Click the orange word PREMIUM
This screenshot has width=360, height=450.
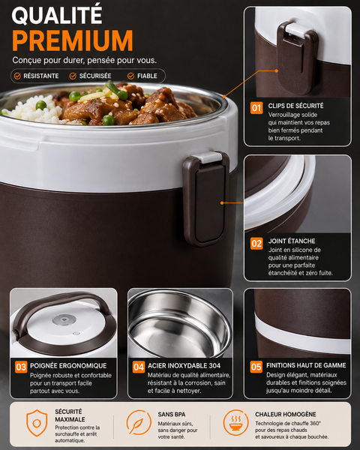[73, 40]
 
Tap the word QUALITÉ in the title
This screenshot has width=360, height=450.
[57, 15]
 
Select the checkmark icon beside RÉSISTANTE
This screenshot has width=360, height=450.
[17, 76]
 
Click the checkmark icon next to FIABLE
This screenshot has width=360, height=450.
[131, 76]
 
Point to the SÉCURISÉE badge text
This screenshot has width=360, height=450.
[95, 76]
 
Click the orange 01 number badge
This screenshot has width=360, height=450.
[256, 108]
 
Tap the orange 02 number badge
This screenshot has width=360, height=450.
[256, 243]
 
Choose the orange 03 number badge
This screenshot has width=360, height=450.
[21, 367]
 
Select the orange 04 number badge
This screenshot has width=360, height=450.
[139, 367]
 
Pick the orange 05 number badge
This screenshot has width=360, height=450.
[256, 367]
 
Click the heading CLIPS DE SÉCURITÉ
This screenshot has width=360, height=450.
[295, 106]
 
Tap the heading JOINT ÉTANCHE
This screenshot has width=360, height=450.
[292, 241]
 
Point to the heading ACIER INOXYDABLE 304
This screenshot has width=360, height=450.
[184, 366]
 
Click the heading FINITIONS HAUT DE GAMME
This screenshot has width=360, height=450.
[306, 365]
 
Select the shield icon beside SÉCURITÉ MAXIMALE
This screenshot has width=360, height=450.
[37, 423]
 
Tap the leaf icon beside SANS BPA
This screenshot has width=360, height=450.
[139, 422]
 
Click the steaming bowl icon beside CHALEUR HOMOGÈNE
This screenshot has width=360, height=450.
[236, 422]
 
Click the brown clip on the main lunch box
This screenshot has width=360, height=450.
[206, 198]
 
